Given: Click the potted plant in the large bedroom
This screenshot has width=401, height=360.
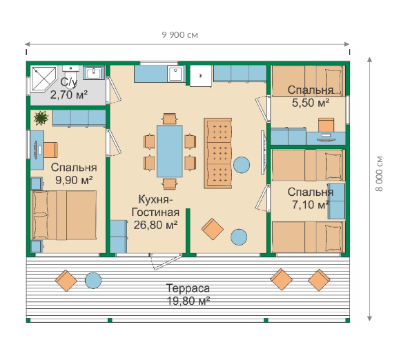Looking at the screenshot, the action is tap(41, 118).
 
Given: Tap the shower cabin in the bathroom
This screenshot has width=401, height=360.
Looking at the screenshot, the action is tap(44, 79).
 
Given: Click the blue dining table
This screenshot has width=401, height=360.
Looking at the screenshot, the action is tap(170, 151).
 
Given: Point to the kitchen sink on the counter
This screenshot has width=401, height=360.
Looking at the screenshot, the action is tap(176, 74).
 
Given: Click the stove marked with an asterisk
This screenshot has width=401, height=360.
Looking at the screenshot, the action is tap(201, 76).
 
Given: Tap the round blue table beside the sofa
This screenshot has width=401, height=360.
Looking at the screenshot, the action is tap(242, 165).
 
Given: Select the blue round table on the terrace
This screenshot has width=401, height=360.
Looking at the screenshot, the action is tap(93, 281).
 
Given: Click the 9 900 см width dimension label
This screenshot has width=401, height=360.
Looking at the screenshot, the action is tap(179, 34).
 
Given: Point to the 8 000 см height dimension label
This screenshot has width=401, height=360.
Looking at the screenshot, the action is tap(379, 173).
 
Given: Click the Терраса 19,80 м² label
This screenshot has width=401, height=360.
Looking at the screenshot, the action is tap(188, 294).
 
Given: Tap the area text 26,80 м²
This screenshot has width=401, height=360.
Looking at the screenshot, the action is tap(155, 225).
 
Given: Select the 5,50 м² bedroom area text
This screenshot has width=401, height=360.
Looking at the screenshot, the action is tap(311, 103).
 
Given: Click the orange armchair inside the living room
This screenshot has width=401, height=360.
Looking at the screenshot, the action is tap(213, 229).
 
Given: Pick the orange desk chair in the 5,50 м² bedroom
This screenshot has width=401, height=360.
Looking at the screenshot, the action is tap(326, 125).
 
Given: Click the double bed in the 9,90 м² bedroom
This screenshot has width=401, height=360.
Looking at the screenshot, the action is tap(63, 215).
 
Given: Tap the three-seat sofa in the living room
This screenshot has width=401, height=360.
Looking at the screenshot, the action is tap(218, 153).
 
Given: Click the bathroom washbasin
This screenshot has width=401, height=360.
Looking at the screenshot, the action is tap(94, 73).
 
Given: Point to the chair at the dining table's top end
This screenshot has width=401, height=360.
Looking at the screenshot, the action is tap(170, 119).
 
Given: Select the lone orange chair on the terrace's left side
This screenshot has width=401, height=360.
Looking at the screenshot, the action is tap(66, 281).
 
